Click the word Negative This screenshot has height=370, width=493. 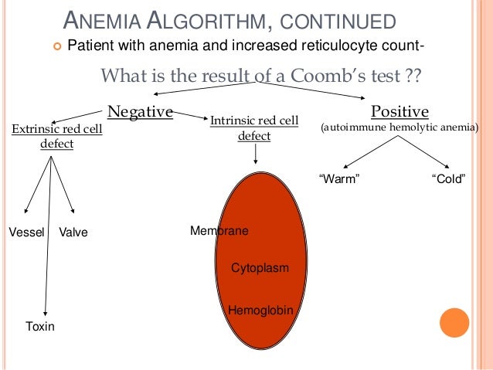coord(140,112)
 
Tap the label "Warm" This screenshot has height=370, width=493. coord(340,179)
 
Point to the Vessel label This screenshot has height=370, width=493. coord(26,231)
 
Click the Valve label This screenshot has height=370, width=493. coord(73,231)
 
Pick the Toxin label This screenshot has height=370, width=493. coord(40,326)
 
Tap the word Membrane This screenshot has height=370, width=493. coord(219,230)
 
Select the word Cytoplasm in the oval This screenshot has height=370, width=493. coord(260,267)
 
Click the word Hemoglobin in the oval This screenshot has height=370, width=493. coord(261,309)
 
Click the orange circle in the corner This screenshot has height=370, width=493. coord(454,324)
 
